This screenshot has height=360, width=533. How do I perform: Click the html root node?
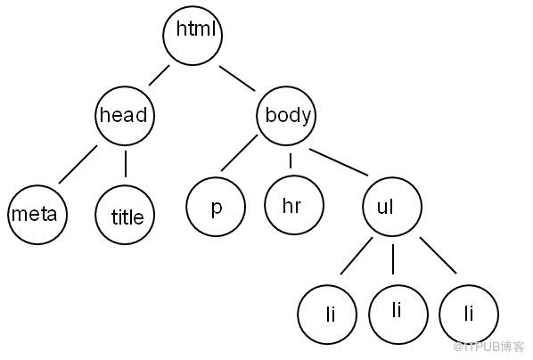(x=193, y=35)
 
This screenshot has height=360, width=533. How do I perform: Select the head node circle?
(x=125, y=116)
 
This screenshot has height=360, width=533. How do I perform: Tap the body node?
(x=286, y=116)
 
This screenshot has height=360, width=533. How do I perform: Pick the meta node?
(x=37, y=215)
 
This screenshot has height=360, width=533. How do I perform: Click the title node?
(x=125, y=215)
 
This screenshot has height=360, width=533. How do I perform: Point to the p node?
(x=216, y=207)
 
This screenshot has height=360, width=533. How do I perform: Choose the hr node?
(x=294, y=205)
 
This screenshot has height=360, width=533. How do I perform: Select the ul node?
(x=392, y=207)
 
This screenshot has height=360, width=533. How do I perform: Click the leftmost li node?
(x=327, y=315)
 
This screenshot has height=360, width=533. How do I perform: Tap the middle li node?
(x=398, y=315)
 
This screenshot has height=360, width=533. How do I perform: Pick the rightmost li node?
(x=469, y=315)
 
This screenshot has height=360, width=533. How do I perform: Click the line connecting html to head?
(x=159, y=75)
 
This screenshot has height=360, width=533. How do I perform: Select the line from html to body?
(x=237, y=78)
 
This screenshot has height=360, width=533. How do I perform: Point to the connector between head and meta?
(x=78, y=165)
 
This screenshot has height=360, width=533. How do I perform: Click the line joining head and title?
(x=126, y=164)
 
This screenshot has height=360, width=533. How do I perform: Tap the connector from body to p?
(x=239, y=152)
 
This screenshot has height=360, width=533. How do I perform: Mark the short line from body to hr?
(x=291, y=160)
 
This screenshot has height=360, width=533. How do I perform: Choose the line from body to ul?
(x=339, y=162)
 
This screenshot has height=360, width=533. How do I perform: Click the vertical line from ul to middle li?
(x=393, y=259)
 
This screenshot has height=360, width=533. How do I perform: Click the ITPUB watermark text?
(x=488, y=347)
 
